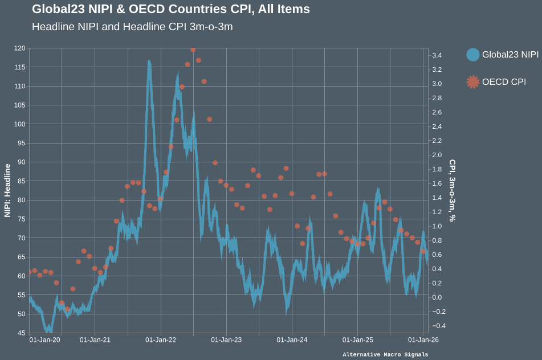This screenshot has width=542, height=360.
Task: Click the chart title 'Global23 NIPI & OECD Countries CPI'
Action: [171, 9]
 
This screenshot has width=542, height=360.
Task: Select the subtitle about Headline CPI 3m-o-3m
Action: [132, 27]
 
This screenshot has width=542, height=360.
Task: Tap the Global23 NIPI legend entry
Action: [510, 55]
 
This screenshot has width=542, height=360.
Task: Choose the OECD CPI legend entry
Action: [503, 82]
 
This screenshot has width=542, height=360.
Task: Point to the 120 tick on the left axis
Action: [19, 48]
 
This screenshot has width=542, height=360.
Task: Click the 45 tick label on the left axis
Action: [21, 333]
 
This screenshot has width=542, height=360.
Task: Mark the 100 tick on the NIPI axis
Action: [19, 124]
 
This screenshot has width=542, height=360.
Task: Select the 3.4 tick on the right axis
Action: [437, 55]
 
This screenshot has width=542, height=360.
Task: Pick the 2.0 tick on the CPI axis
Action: [437, 155]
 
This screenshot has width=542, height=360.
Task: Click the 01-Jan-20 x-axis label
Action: [44, 340]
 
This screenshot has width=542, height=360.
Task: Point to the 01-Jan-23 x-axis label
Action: [226, 340]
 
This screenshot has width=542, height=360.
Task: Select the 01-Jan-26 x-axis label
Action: [423, 340]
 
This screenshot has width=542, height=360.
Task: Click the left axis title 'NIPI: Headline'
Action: [8, 190]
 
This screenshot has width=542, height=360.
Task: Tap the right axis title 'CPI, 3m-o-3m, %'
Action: [452, 190]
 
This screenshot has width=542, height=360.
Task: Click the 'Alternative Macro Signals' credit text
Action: [385, 355]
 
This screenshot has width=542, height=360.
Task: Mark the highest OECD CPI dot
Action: [193, 50]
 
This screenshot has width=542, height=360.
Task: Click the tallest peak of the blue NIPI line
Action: [149, 62]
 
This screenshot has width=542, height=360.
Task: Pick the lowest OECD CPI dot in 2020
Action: [67, 309]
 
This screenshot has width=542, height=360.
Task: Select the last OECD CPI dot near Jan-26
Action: [423, 251]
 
